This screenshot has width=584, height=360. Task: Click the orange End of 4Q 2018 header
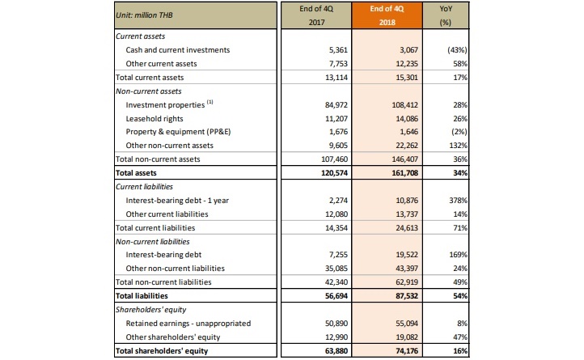[x=387, y=15]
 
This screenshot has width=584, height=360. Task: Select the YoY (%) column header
[x=446, y=15]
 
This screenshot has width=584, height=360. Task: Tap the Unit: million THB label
[x=144, y=15]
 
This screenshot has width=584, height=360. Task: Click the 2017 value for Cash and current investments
[x=338, y=50]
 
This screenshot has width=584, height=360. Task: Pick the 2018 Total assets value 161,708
[x=405, y=173]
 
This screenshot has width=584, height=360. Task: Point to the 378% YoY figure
[x=458, y=201]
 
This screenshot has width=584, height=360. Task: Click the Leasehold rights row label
[x=154, y=119]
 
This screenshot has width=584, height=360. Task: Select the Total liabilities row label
[x=142, y=296]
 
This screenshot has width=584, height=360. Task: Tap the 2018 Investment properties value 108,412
[x=405, y=105]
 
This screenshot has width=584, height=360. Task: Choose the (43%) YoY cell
[x=457, y=50]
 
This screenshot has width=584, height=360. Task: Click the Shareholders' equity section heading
[x=150, y=310]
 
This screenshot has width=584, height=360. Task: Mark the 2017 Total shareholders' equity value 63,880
[x=336, y=351]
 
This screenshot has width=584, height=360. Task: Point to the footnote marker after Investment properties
[x=210, y=102]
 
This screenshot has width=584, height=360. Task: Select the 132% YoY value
[x=458, y=146]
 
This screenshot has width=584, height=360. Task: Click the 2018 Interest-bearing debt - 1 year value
[x=407, y=201]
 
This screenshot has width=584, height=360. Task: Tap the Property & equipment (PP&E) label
[x=178, y=132]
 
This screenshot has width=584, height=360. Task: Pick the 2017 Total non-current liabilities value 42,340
[x=336, y=282]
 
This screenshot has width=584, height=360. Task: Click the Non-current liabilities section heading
[x=152, y=242]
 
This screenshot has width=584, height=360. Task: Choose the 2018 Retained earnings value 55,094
[x=407, y=324]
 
